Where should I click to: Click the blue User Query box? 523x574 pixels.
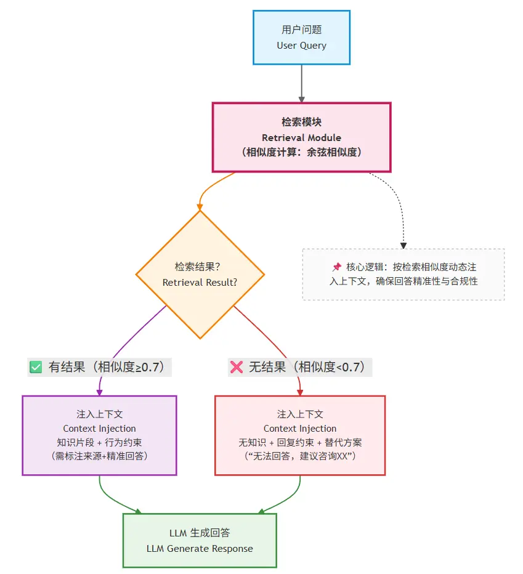[x=301, y=37]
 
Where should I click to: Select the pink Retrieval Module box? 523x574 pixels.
[x=301, y=137]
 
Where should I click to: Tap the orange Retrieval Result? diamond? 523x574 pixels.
[x=200, y=275]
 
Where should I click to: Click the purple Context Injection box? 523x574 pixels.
[x=99, y=435]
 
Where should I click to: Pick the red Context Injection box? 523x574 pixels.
[x=300, y=435]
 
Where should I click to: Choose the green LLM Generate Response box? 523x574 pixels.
[x=200, y=540]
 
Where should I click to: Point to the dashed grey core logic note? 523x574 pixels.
[x=403, y=274]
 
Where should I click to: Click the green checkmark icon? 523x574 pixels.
[x=36, y=368]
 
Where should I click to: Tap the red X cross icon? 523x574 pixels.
[x=236, y=368]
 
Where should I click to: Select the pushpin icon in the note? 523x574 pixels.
[x=336, y=267]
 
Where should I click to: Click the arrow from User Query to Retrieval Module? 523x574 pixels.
[x=301, y=83]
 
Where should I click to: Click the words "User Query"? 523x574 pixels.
[x=301, y=46]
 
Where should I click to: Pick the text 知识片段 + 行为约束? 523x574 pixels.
[x=99, y=442]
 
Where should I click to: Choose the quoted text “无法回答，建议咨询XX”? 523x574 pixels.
[x=300, y=456]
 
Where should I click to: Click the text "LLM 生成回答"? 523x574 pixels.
[x=200, y=533]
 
